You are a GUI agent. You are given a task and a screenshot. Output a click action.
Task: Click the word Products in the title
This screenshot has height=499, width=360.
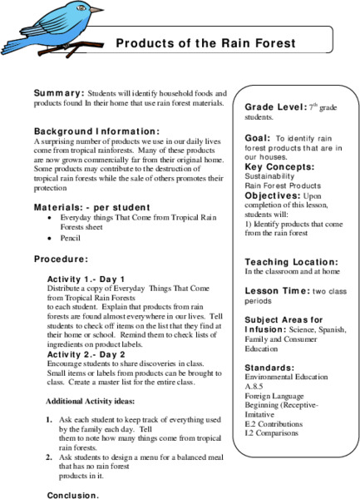[x=143, y=42]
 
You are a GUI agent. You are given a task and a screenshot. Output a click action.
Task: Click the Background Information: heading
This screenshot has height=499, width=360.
[x=96, y=131]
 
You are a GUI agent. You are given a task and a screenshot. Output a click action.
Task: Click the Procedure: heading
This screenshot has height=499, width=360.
[x=61, y=258]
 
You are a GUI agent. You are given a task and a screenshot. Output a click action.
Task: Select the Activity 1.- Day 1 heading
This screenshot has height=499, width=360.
[x=86, y=279]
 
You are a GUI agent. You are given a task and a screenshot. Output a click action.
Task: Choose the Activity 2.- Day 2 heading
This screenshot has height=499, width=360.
[x=86, y=355]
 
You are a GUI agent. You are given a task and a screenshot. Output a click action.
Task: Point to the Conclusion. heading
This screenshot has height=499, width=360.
[x=73, y=495]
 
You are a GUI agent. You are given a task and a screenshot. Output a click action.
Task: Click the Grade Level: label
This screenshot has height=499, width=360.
[x=277, y=107]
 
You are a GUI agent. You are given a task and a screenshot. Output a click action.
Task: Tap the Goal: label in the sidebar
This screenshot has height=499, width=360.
[x=257, y=140]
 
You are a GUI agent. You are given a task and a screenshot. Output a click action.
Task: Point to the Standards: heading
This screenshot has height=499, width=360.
[x=269, y=367]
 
